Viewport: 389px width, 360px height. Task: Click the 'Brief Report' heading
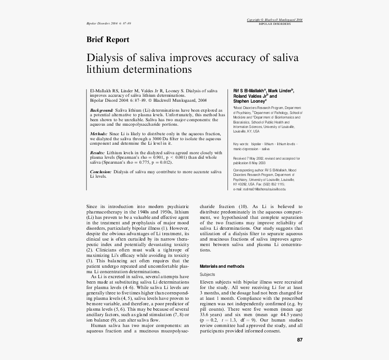[x=108, y=40]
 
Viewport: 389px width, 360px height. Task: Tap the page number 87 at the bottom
[x=299, y=340]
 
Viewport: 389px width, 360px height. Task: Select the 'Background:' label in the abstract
[x=102, y=110]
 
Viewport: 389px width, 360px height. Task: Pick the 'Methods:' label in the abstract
[x=99, y=134]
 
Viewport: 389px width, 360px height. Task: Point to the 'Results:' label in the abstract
[x=98, y=153]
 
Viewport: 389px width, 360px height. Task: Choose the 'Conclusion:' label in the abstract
[x=100, y=172]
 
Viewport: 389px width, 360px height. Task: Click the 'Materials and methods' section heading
[x=222, y=266]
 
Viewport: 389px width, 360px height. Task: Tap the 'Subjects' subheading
[x=207, y=275]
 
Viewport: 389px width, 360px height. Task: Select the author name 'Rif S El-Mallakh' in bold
[x=249, y=90]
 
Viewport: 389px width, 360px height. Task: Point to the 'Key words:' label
[x=241, y=143]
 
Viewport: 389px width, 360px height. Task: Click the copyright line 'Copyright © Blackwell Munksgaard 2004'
[x=275, y=20]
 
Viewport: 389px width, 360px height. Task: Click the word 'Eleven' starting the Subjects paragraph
[x=207, y=282]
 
